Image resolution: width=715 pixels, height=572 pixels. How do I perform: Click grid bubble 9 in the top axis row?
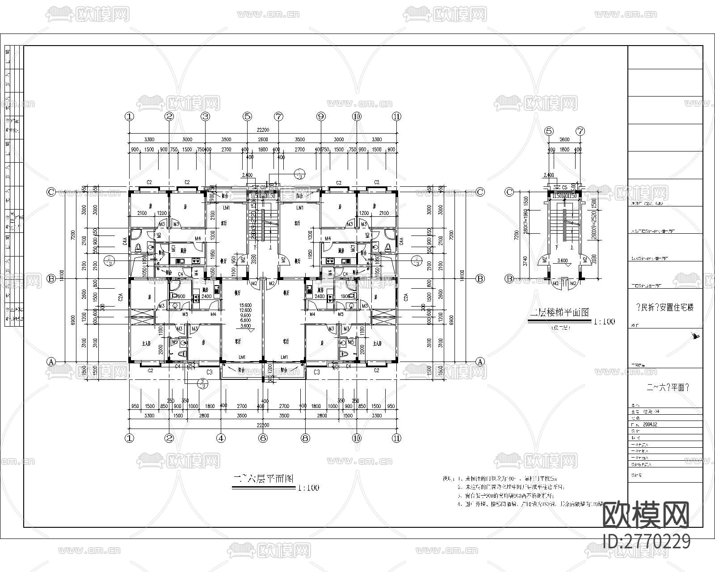tap(321, 117)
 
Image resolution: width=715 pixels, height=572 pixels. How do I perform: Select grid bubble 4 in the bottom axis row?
tap(221, 438)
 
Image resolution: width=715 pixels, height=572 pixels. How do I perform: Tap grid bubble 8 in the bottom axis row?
tap(306, 438)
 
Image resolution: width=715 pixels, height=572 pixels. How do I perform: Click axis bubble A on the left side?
tap(51, 362)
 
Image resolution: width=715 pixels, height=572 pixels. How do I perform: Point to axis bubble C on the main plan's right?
tap(480, 192)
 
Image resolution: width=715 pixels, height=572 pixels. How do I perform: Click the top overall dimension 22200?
tap(263, 130)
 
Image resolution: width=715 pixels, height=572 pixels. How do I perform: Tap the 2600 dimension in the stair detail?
tap(564, 139)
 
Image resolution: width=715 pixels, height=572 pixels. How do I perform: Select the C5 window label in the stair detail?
tap(564, 187)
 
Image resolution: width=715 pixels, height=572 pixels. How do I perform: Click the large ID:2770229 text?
tap(647, 542)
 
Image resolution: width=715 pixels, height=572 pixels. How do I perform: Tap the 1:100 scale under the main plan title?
tap(308, 488)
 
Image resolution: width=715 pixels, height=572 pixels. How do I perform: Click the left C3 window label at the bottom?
tap(209, 372)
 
